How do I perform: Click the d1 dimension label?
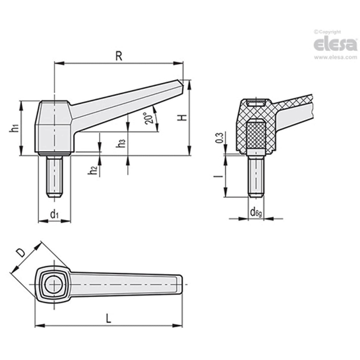click(54, 214)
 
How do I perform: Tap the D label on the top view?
click(20, 253)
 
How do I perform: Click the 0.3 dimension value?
click(219, 138)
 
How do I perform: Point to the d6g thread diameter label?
click(256, 212)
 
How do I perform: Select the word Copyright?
click(329, 32)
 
